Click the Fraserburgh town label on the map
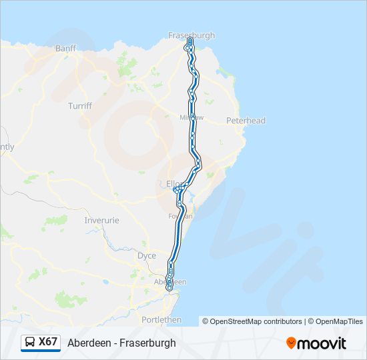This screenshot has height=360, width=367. pos(192,35)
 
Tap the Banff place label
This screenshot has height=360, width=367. pos(66,49)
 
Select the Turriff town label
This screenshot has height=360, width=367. pos(80,106)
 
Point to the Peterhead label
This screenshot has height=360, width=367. pos(246,121)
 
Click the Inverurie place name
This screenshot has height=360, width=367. pos(101,220)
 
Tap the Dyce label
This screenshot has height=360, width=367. pos(146,256)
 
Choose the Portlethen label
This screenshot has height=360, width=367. pos(161,320)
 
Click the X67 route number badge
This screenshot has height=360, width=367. pos(48,342)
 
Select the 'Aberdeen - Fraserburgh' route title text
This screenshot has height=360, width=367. pos(121,343)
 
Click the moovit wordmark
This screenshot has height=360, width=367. pos(322,343)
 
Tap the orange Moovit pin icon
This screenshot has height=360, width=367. pos(291,343)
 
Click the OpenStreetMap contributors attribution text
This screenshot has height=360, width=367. pos(256,321)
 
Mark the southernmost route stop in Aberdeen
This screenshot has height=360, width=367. pos(169,287)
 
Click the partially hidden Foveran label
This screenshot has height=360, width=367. pos(180,216)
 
